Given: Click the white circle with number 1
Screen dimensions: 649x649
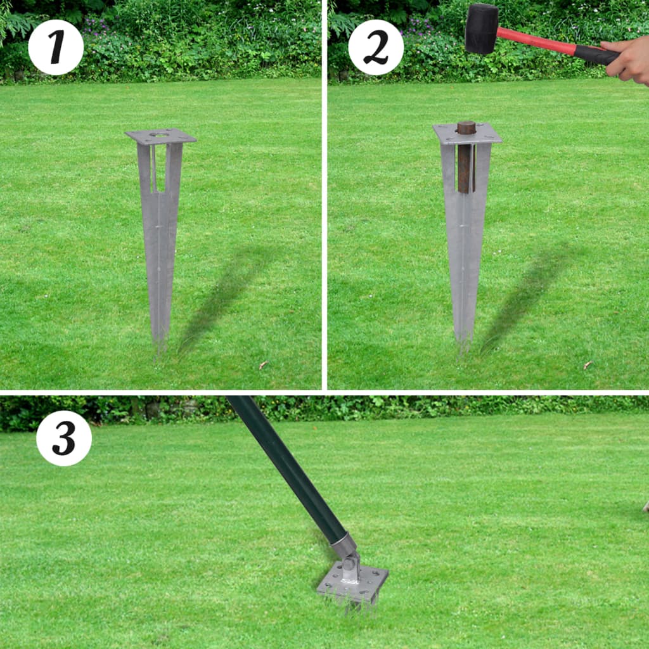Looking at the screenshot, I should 56,48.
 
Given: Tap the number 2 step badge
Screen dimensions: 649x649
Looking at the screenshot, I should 376,48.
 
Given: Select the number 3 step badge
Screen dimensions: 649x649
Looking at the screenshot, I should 64,438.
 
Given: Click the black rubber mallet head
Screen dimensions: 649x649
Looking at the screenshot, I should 482,29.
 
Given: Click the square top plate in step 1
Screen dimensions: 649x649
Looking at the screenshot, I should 160,136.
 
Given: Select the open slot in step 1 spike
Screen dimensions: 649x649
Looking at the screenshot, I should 160,168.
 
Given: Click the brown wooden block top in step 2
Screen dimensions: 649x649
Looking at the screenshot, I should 466,127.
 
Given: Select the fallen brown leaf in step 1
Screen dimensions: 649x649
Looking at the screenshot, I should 262,365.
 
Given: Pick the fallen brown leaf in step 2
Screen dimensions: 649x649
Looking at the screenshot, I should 588,365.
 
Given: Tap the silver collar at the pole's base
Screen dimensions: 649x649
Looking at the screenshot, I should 343,544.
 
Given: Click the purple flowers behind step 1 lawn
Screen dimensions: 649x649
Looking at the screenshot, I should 95,25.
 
